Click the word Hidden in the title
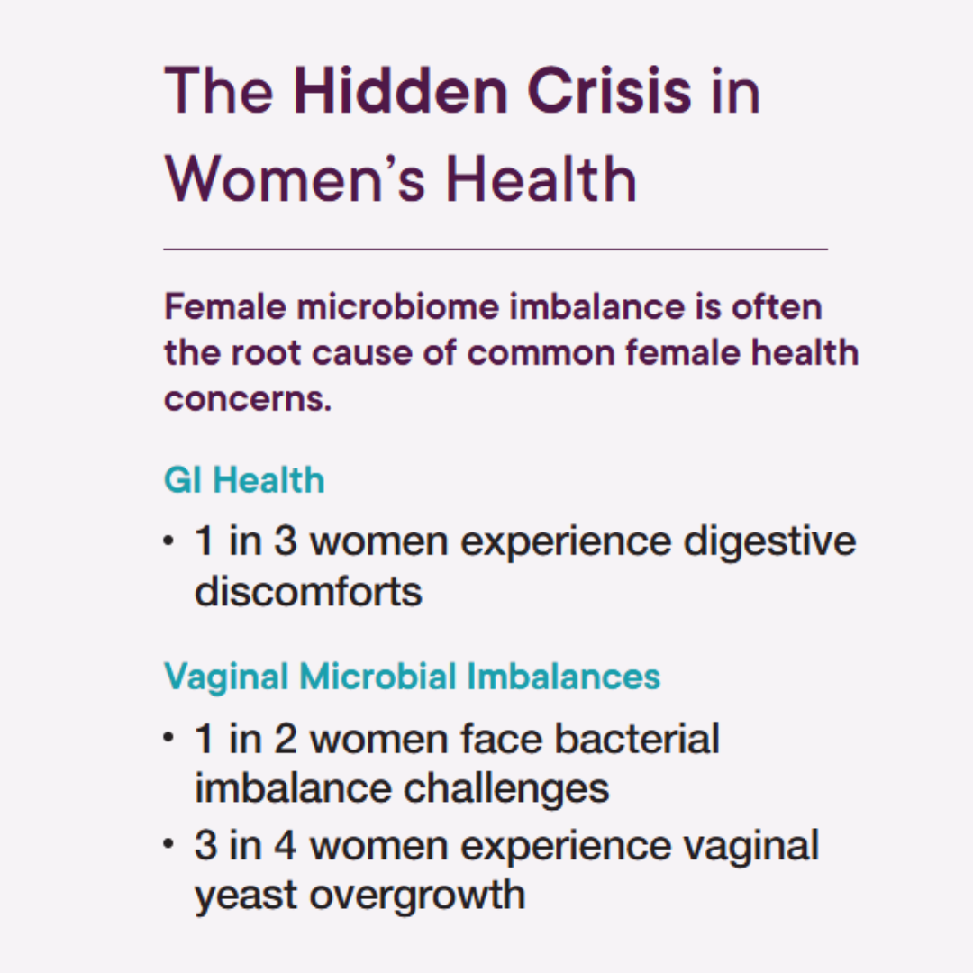(x=401, y=90)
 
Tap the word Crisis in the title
(x=609, y=90)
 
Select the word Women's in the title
(x=295, y=178)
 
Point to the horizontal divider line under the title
(x=496, y=250)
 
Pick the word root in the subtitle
(x=266, y=353)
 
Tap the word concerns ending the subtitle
(x=248, y=399)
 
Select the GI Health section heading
(x=244, y=480)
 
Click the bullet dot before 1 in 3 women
(x=168, y=541)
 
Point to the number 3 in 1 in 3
(x=286, y=541)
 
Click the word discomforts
(x=308, y=590)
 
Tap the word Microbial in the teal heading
(x=377, y=676)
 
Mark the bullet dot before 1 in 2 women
(x=168, y=738)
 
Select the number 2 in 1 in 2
(x=286, y=739)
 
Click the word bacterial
(x=637, y=738)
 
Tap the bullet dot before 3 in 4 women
(x=168, y=844)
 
